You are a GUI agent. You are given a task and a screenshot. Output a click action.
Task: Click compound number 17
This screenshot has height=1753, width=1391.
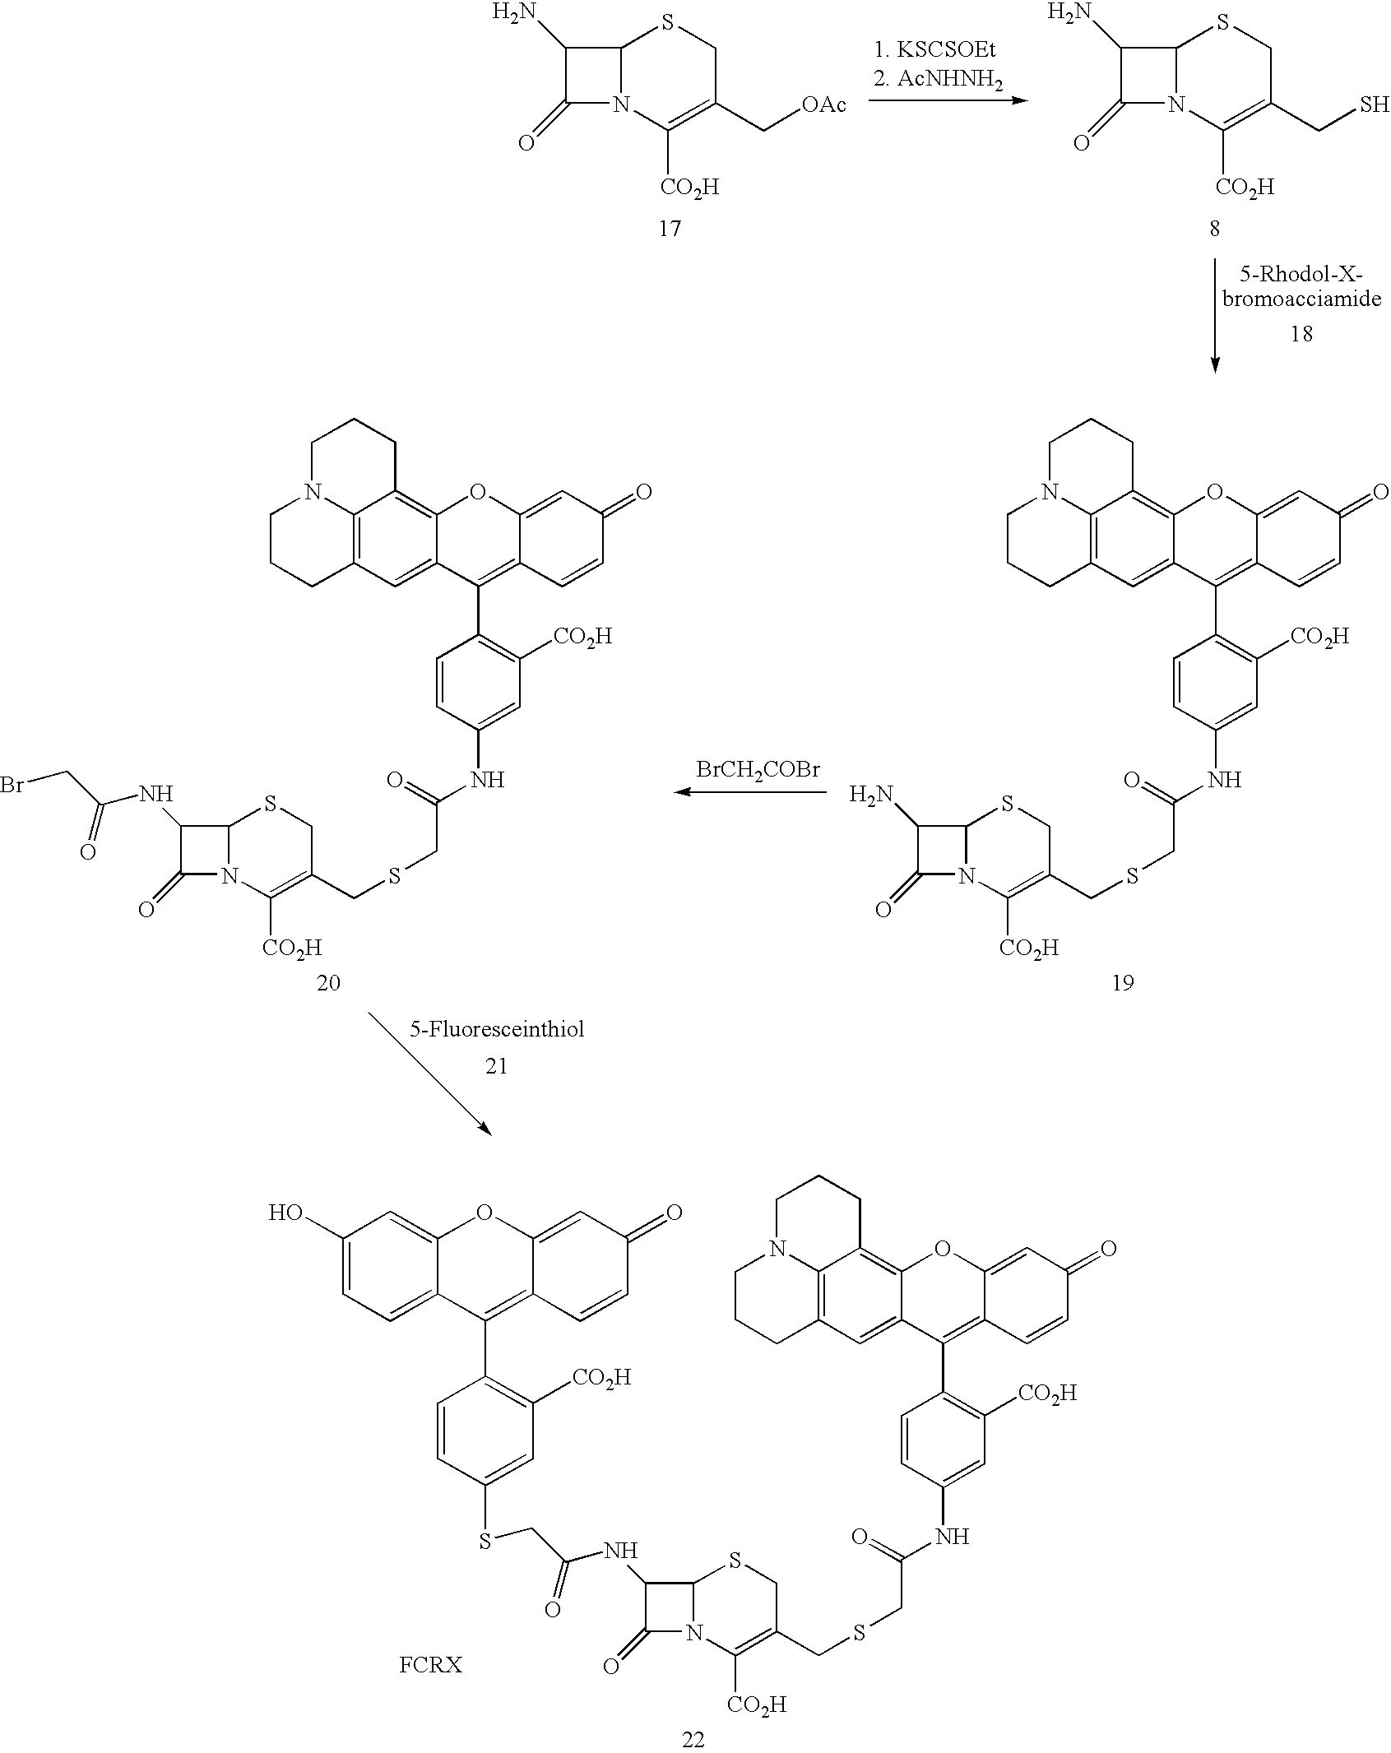click(x=670, y=229)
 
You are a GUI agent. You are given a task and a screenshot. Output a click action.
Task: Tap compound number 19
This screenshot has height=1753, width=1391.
click(x=1123, y=982)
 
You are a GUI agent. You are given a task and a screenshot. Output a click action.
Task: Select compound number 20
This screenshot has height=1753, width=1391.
click(x=328, y=982)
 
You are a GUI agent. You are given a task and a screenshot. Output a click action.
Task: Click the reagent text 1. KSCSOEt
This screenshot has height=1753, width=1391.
click(x=934, y=50)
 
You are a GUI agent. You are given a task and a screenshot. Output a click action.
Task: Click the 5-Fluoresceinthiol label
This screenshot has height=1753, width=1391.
click(x=497, y=1029)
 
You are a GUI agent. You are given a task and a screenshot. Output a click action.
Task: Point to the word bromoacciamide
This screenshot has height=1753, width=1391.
click(x=1301, y=299)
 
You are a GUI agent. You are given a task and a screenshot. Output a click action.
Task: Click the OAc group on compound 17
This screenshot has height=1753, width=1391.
click(x=823, y=106)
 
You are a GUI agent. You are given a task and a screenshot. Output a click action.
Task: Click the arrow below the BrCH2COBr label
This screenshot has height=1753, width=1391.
click(x=749, y=792)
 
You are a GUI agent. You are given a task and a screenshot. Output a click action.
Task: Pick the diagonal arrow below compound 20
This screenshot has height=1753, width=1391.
click(x=429, y=1075)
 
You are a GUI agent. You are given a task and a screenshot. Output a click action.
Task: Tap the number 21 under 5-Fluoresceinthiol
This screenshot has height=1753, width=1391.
click(x=496, y=1066)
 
